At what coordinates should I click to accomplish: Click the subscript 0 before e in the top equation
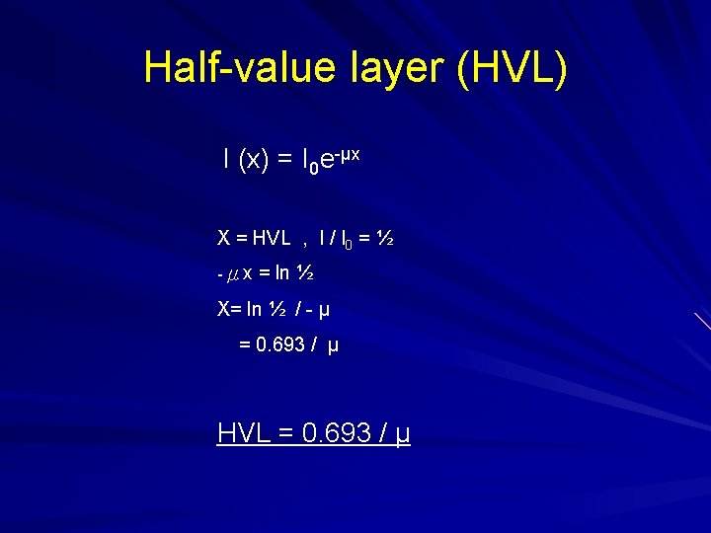(313, 168)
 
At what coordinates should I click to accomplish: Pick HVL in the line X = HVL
(272, 237)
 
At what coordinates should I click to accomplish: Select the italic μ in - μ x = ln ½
(232, 273)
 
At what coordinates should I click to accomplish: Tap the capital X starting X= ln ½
(224, 308)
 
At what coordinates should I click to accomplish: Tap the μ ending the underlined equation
(402, 434)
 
